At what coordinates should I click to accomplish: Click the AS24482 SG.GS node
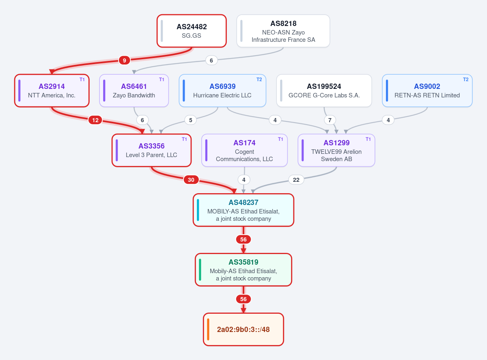(192, 31)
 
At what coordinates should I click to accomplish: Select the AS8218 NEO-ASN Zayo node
(283, 31)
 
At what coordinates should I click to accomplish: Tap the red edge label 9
(124, 60)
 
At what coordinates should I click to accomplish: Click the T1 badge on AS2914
(82, 80)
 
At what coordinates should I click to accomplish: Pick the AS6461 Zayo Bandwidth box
(134, 91)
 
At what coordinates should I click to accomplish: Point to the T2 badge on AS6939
(259, 80)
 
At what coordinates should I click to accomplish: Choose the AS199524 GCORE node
(324, 91)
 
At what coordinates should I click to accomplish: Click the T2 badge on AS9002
(466, 80)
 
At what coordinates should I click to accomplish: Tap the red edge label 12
(95, 120)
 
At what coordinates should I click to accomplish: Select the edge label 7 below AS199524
(330, 120)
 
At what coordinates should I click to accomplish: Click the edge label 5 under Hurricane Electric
(191, 120)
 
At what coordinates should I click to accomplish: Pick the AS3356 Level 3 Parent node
(151, 150)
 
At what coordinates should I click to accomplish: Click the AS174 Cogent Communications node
(244, 150)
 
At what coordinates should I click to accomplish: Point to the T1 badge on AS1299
(368, 139)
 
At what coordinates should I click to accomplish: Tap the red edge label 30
(191, 180)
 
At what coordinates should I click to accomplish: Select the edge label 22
(296, 180)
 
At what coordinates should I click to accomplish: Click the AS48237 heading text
(243, 202)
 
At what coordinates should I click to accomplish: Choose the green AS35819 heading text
(243, 262)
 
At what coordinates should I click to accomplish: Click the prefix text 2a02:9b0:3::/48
(243, 330)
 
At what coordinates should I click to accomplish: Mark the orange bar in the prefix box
(208, 329)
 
